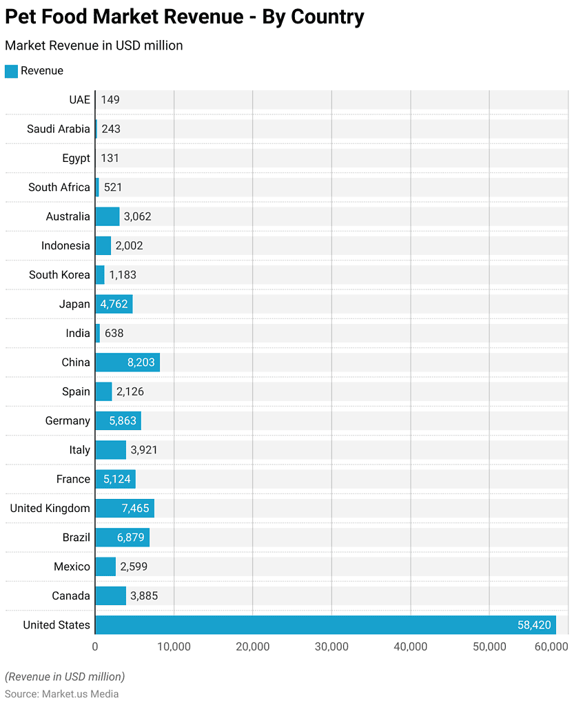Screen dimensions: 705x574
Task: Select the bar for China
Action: coord(127,362)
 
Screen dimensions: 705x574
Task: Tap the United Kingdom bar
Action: coord(125,509)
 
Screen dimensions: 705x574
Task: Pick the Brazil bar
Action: coord(122,538)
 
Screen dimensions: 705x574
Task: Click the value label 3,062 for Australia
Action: coord(137,216)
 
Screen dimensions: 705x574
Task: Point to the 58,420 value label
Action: coord(534,625)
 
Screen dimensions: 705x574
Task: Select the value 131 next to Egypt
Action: coord(110,158)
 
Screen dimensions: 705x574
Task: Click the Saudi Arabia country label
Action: coord(59,129)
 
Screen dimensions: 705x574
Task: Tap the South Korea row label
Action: coord(59,275)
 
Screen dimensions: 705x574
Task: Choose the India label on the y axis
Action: coord(78,333)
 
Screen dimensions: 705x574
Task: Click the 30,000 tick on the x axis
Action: coord(331,646)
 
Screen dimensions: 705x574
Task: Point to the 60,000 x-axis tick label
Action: coord(551,646)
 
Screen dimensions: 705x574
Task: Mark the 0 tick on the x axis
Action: coord(95,646)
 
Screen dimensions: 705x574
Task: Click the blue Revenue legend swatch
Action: coord(11,71)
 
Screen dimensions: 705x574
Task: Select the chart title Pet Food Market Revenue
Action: coord(185,17)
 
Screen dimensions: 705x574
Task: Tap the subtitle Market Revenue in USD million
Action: coord(94,45)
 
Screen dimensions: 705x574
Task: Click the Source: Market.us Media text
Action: coord(62,694)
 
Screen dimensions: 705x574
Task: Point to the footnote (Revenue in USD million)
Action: coord(65,677)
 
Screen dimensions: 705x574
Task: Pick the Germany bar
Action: coord(118,421)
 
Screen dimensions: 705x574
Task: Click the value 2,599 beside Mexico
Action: coord(134,567)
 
